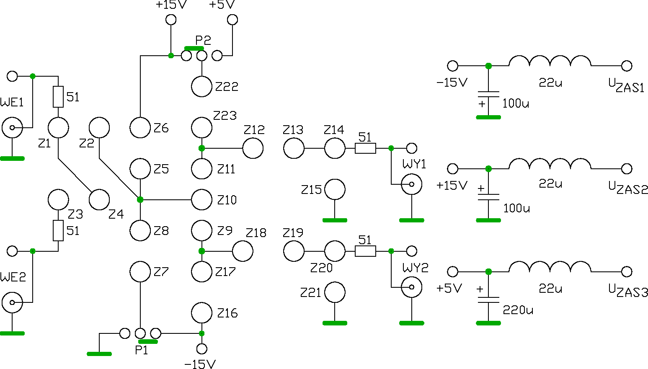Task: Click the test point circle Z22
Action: [201, 86]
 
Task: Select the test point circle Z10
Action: [201, 200]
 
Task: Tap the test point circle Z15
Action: [335, 189]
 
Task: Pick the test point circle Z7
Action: [140, 272]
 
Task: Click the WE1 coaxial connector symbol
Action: [12, 128]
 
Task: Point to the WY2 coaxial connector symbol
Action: [411, 287]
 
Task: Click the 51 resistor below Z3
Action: [58, 230]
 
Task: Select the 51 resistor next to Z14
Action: [365, 148]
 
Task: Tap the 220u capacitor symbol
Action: [488, 300]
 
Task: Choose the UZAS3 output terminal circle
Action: [626, 272]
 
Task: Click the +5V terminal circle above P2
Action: [232, 20]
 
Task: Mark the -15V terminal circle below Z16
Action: [201, 349]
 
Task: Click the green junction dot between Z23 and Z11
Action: [201, 148]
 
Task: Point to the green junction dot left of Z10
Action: [140, 200]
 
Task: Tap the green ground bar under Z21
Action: [335, 323]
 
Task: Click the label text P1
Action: [142, 350]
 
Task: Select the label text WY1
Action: [414, 164]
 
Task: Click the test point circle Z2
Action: [99, 128]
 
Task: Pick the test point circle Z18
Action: [243, 251]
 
